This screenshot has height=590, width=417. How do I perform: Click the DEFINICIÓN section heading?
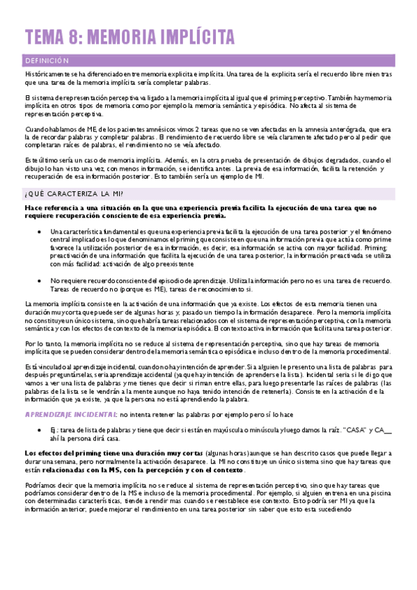pyautogui.click(x=47, y=61)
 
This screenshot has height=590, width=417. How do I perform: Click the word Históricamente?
pyautogui.click(x=49, y=73)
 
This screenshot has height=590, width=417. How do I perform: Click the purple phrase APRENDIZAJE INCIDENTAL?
pyautogui.click(x=70, y=415)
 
